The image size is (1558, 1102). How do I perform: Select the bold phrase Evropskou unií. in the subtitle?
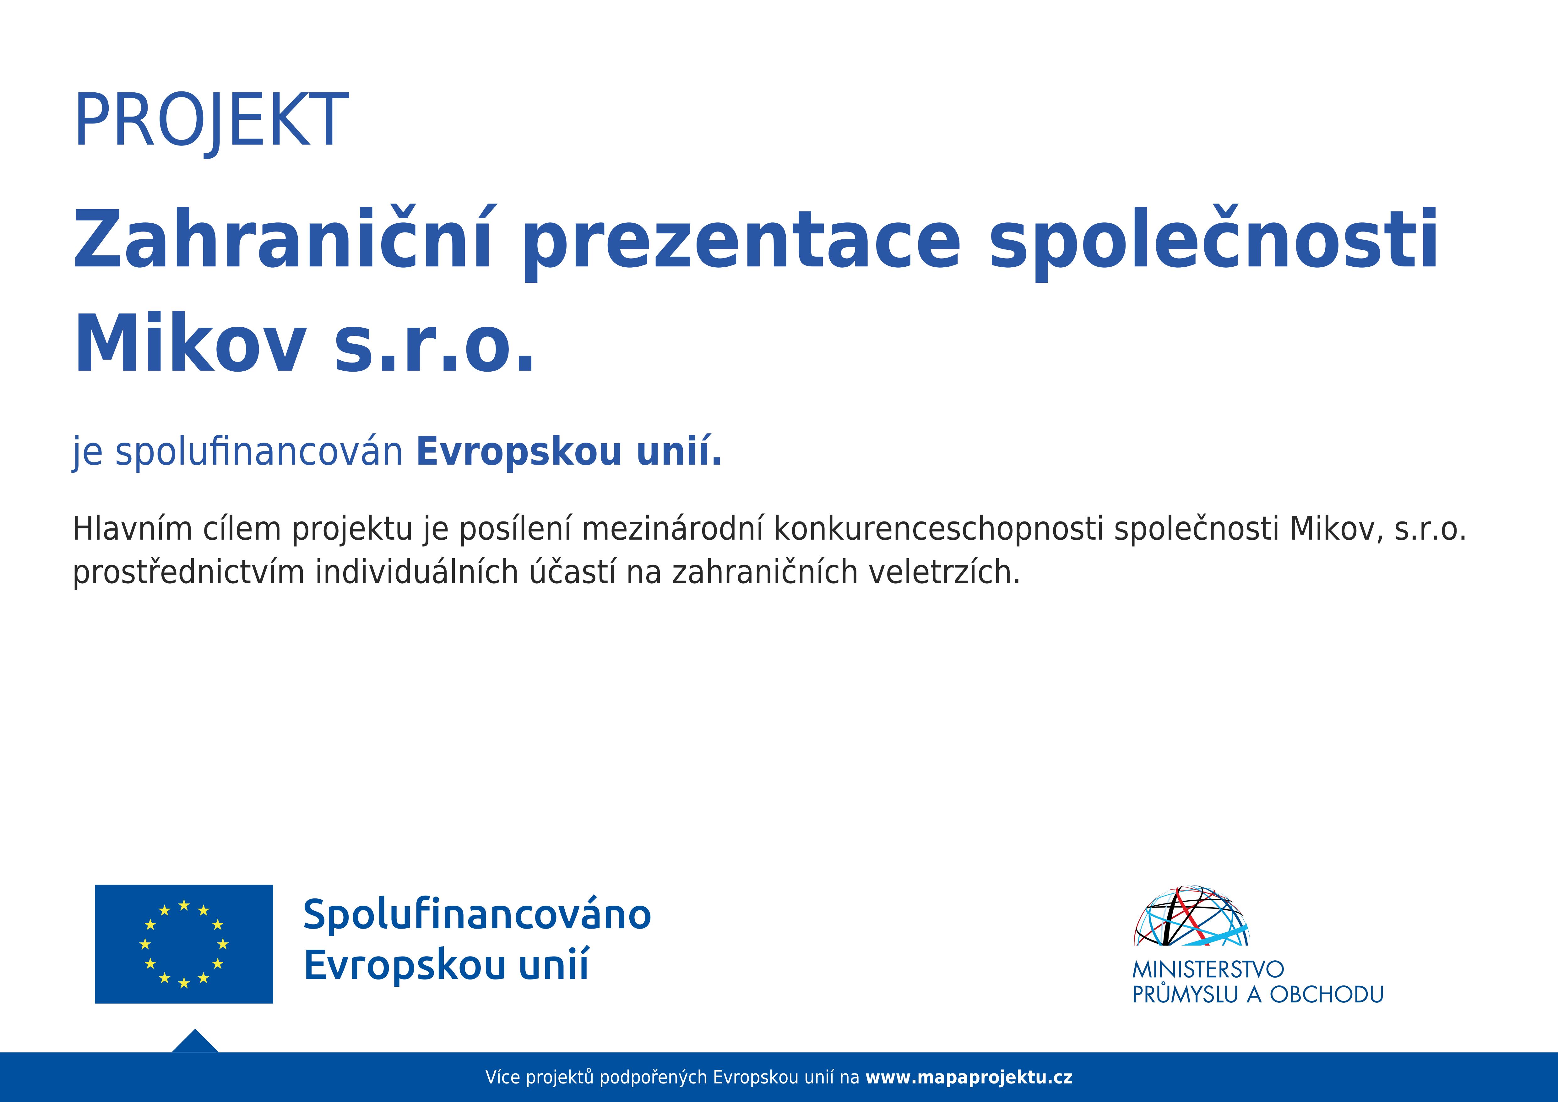[569, 453]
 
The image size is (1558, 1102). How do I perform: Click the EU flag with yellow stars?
[184, 944]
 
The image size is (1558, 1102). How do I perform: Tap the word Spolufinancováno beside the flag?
[477, 915]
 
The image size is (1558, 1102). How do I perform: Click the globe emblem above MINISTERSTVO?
[1191, 916]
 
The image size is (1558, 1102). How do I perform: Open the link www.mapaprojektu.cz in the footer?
[969, 1077]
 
